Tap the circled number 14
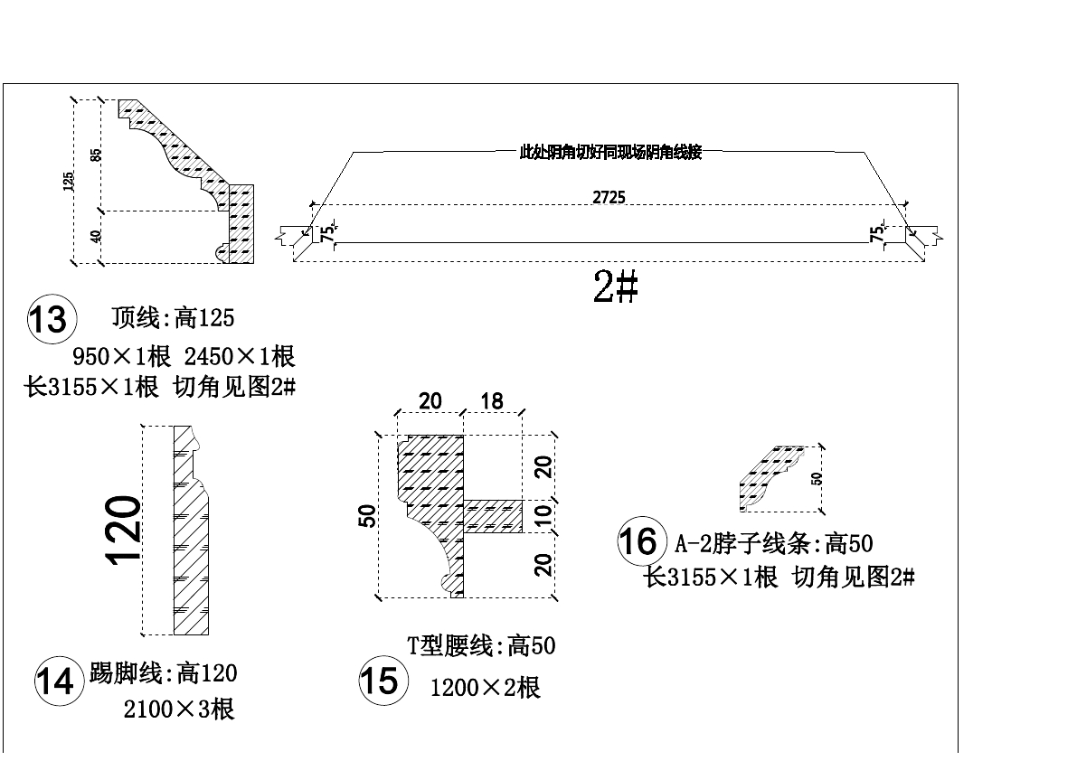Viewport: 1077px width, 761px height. pos(56,681)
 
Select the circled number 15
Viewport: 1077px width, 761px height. pos(379,680)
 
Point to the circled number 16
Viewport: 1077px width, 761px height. pos(638,541)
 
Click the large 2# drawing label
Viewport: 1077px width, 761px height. pos(616,287)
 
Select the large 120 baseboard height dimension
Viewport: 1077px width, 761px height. pos(124,530)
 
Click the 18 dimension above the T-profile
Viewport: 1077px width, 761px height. pos(492,400)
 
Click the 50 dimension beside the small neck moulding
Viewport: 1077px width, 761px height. pos(817,478)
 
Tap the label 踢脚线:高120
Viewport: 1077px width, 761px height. pos(163,673)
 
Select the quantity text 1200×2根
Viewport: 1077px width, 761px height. pos(485,688)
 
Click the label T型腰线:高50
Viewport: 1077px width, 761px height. pos(480,645)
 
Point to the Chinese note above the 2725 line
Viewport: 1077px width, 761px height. pos(610,153)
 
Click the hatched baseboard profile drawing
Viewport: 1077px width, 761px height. pos(190,533)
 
